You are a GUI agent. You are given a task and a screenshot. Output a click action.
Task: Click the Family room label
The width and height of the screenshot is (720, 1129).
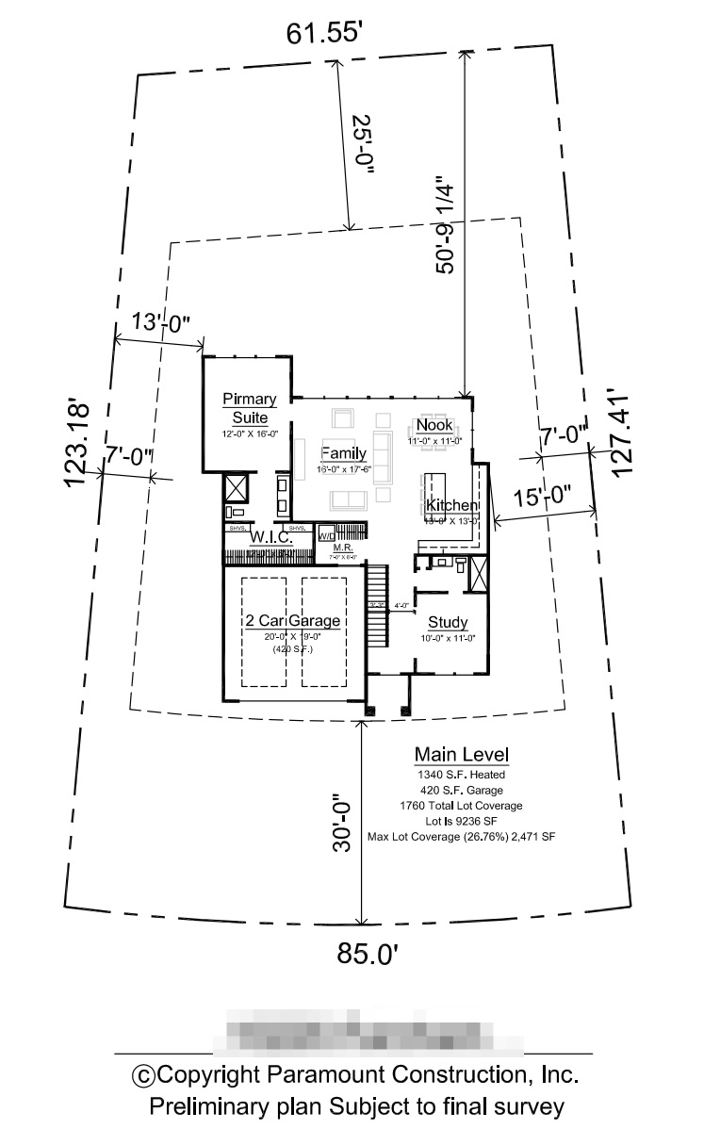click(x=343, y=453)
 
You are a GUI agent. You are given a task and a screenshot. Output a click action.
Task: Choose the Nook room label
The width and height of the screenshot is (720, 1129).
click(x=434, y=425)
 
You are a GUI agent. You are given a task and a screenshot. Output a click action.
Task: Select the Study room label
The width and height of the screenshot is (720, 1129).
click(x=448, y=622)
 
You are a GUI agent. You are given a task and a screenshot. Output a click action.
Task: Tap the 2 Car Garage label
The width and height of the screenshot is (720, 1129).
click(x=292, y=621)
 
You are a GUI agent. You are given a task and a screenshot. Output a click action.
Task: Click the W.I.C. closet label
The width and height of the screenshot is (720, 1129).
click(x=270, y=536)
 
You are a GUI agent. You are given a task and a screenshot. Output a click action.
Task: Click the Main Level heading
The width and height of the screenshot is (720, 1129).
click(x=462, y=755)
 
